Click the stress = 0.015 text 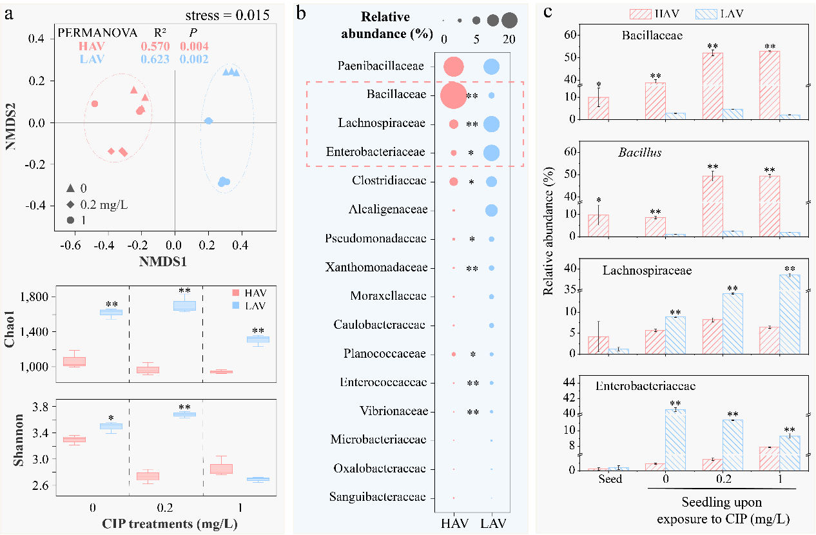tap(227, 15)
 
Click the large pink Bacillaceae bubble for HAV tap(453, 95)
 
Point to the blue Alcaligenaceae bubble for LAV tap(491, 210)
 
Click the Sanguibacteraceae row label tap(378, 497)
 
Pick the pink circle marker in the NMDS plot tap(95, 104)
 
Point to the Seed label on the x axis tap(610, 479)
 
